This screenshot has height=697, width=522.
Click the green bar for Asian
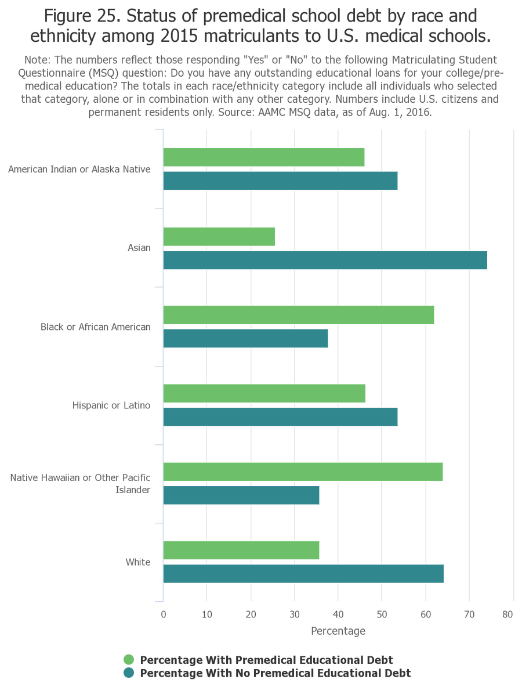219,236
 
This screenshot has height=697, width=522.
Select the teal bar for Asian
325,260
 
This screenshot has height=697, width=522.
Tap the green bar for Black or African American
298,315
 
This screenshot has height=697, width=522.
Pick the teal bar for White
303,574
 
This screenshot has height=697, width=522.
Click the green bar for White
241,550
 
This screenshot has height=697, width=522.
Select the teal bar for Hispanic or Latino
280,417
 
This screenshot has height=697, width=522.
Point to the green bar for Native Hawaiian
303,472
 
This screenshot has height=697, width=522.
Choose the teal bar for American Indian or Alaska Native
280,181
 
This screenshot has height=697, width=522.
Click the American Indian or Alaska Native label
79,170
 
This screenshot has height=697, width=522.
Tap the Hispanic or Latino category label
111,405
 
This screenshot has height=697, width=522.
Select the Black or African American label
95,327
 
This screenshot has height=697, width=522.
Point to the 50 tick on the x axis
382,615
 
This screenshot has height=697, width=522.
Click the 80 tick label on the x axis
508,615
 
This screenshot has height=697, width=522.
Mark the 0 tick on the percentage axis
164,615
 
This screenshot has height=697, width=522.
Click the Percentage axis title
338,631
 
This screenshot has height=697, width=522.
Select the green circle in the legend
129,660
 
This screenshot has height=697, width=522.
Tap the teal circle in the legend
129,673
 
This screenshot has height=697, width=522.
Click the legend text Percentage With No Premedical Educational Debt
275,673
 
